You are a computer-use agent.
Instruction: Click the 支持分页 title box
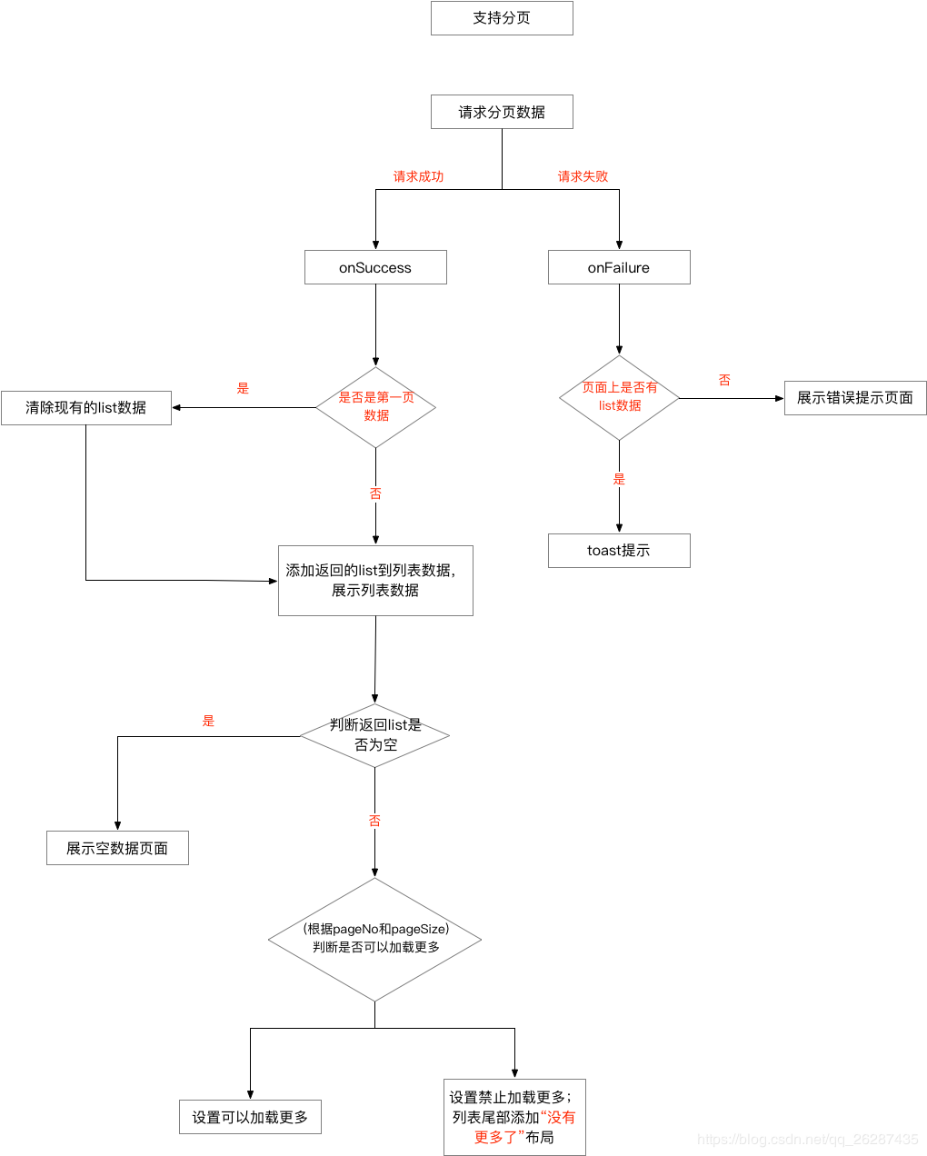(502, 18)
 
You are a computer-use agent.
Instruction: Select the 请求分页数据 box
(502, 112)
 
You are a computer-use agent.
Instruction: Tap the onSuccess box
(375, 267)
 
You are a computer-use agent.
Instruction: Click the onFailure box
(619, 267)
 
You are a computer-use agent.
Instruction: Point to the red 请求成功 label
(418, 176)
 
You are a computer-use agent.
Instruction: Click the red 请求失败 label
(583, 176)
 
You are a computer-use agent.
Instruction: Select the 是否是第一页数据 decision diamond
(375, 407)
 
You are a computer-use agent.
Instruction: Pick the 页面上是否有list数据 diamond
(619, 397)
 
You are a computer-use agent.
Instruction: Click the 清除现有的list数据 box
(86, 408)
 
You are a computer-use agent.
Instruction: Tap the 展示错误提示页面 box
(855, 398)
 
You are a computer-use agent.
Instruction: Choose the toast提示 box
(619, 551)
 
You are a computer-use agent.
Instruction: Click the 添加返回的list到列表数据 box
(375, 581)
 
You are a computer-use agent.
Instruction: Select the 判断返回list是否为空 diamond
(375, 735)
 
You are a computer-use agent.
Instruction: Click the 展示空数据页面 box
(117, 848)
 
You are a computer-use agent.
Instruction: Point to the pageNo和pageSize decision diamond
(375, 939)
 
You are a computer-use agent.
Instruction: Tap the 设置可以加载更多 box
(250, 1117)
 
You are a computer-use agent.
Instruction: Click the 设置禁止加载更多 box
(514, 1117)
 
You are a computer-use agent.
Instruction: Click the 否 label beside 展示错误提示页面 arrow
(724, 380)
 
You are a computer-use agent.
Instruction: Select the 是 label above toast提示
(619, 479)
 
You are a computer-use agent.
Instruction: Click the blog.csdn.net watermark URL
(807, 1140)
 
